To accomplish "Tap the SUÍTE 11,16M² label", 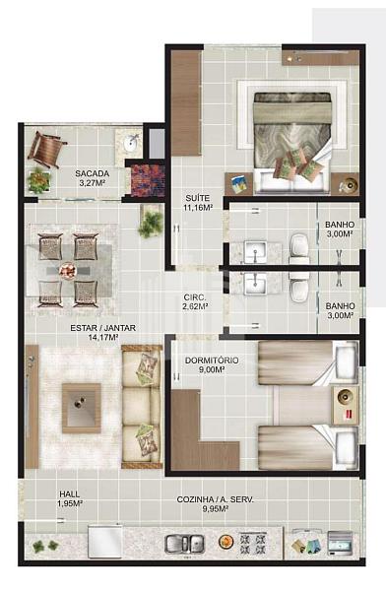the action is (198, 202).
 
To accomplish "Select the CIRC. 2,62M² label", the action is (196, 302).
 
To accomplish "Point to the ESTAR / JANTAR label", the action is (103, 328).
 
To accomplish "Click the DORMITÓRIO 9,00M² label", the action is (212, 364).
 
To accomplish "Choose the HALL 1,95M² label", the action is (70, 498).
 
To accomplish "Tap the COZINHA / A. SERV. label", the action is (216, 499).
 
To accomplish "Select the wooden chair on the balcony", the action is (46, 149).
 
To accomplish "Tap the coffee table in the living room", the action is (82, 408).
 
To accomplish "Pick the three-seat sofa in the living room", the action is (142, 406).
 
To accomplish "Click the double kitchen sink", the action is (185, 545).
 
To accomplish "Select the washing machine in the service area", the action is (340, 543).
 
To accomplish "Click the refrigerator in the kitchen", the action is (105, 541).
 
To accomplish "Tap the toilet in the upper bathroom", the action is (299, 249).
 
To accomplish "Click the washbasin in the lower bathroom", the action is (256, 284).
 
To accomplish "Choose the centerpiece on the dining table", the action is (68, 271).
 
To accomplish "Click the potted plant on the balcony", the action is (38, 180).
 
